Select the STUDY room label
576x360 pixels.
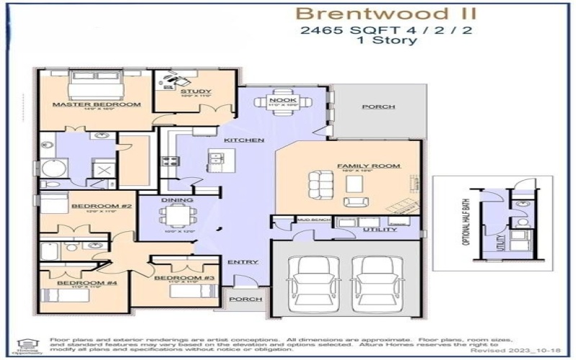(195, 91)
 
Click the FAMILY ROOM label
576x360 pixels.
(368, 166)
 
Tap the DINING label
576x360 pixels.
(177, 199)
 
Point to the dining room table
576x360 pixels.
(176, 214)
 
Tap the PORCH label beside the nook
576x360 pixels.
(378, 107)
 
